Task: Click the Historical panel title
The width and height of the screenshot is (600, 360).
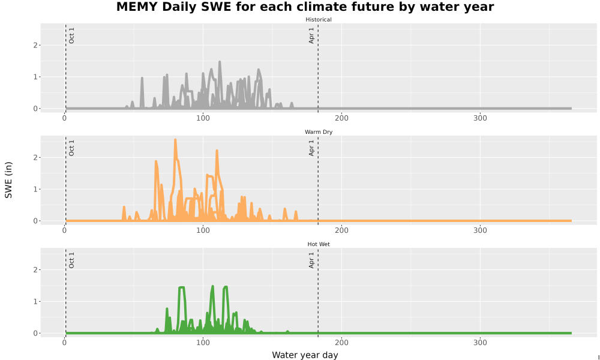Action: click(x=319, y=20)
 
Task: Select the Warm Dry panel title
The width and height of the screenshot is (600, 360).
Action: click(x=319, y=132)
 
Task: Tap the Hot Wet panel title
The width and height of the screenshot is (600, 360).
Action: click(x=319, y=244)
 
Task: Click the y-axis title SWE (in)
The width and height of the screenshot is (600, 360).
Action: click(x=8, y=180)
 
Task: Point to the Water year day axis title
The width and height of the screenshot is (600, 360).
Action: click(x=305, y=355)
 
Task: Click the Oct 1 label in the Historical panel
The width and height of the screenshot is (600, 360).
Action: click(x=71, y=35)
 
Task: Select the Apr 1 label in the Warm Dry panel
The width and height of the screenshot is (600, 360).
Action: click(x=311, y=148)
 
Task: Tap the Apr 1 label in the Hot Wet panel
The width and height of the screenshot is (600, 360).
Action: click(x=311, y=260)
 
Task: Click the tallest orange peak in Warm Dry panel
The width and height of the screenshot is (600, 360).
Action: click(x=175, y=140)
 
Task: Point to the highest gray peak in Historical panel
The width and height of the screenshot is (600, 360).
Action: click(x=220, y=62)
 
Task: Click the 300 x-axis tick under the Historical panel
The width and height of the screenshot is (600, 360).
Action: click(x=480, y=118)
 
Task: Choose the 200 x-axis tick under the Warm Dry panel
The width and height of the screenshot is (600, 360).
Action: click(x=342, y=230)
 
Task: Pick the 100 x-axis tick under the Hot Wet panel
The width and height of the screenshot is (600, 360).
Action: click(x=203, y=343)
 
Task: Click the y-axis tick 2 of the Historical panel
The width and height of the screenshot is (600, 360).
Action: click(x=35, y=45)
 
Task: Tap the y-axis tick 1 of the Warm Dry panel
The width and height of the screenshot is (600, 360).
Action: click(x=35, y=190)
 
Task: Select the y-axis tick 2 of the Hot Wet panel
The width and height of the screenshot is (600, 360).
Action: click(x=35, y=270)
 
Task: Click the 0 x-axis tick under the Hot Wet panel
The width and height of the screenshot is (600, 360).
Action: click(x=64, y=343)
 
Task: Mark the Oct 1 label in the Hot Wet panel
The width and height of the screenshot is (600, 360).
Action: click(x=71, y=260)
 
